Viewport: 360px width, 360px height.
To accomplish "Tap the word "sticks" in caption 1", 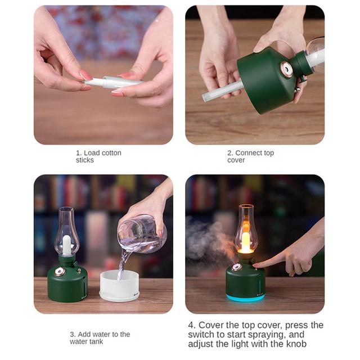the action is (85, 160).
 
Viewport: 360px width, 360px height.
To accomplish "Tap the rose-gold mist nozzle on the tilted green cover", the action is (286, 69).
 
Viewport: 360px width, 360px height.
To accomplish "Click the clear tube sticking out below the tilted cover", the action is (222, 91).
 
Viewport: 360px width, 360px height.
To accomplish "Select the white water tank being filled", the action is (119, 285).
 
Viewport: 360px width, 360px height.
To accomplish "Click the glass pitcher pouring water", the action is (142, 235).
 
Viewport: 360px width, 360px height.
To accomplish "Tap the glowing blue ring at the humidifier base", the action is (245, 298).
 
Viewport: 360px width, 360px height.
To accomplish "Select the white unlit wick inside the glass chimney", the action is (66, 245).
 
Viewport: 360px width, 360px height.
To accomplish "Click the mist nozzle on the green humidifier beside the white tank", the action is (60, 272).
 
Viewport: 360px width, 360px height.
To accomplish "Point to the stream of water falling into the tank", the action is (123, 264).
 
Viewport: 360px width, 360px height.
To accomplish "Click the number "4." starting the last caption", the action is (192, 325).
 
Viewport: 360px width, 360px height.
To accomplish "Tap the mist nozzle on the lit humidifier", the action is (236, 267).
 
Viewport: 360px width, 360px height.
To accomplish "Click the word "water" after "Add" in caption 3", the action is (105, 334).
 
